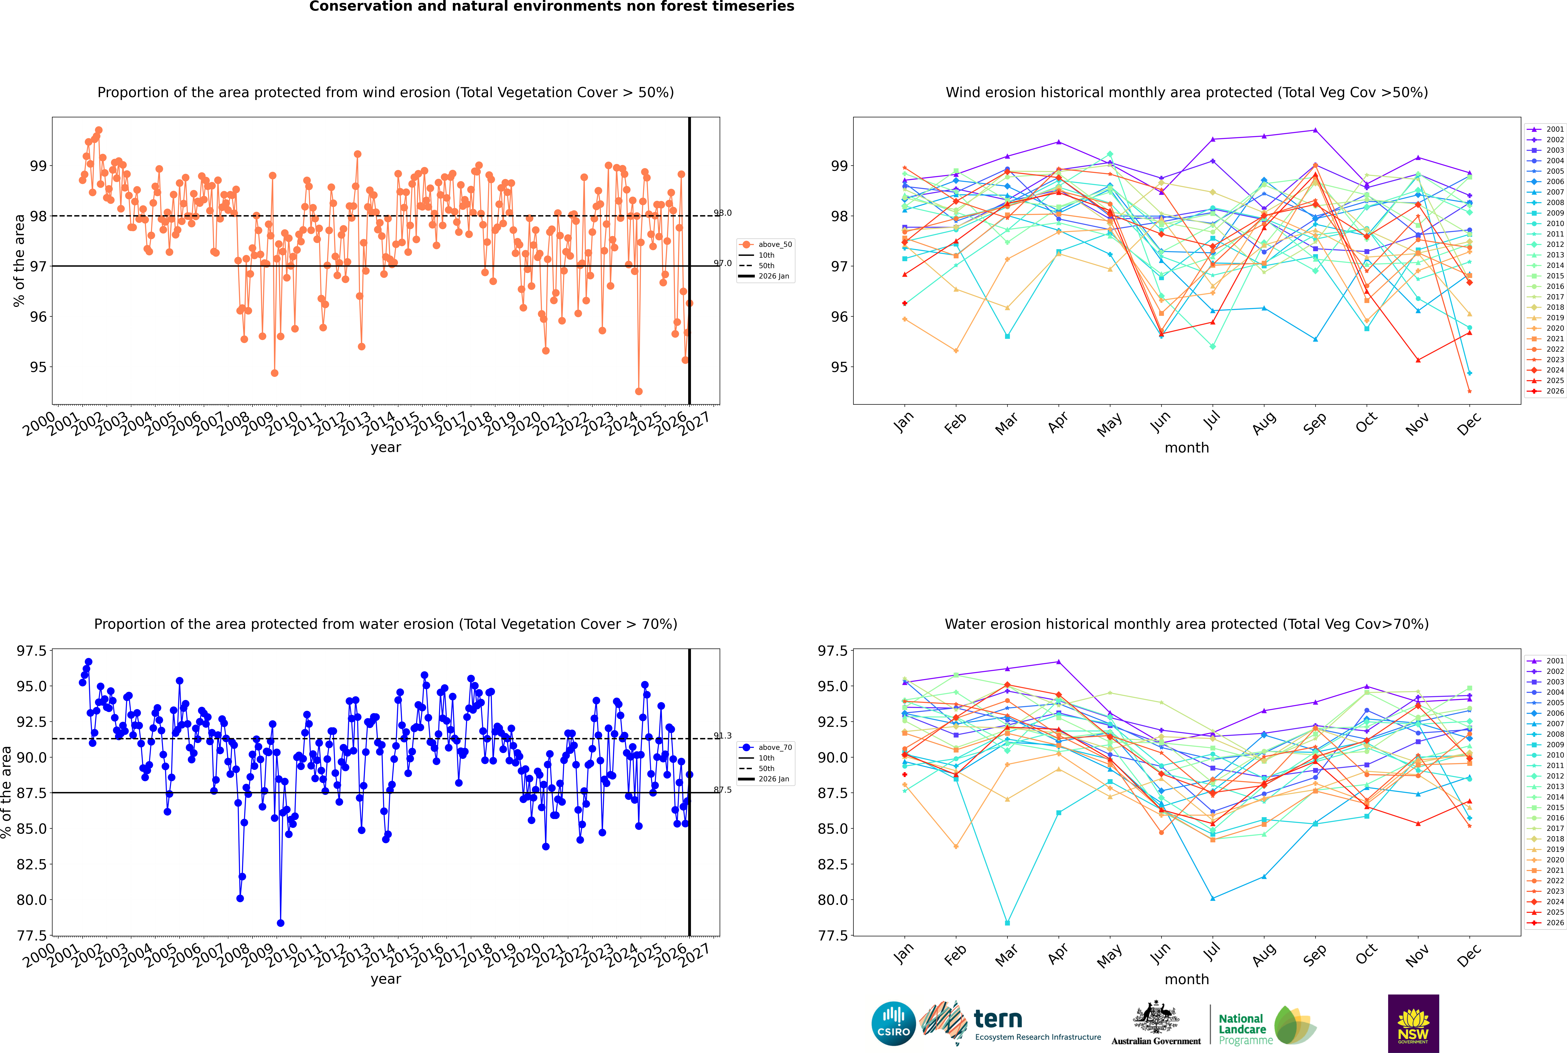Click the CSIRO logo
[893, 1023]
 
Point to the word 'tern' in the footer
[998, 1019]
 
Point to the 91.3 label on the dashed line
[723, 736]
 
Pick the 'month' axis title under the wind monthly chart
[1187, 448]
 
